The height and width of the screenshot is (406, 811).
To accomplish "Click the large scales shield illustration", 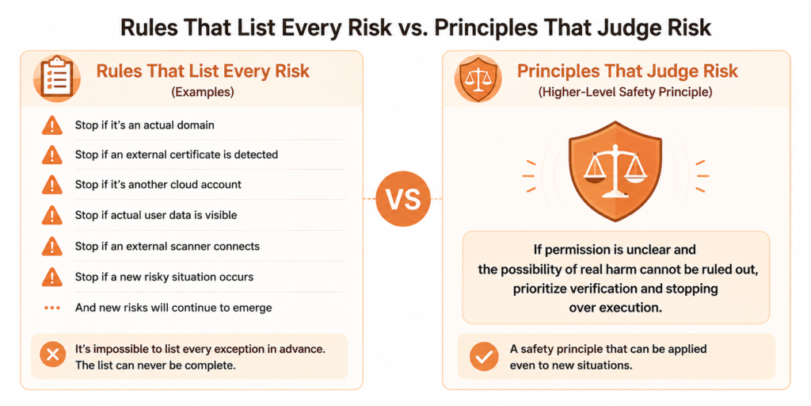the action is point(615,170).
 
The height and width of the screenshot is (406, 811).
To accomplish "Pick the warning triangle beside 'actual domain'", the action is point(51,125).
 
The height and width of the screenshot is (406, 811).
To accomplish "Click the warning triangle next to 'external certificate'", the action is point(51,155).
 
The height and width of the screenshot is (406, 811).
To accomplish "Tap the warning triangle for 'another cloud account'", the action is point(51,185).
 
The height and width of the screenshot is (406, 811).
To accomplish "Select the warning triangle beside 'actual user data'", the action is point(51,215).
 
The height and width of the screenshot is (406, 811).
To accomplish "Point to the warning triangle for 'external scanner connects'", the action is point(51,246).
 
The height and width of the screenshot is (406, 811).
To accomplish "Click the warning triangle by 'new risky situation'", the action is point(51,277).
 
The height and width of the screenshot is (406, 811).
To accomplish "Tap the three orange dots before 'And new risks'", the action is point(51,308).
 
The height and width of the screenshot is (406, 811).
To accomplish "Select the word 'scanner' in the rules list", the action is point(188,246).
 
